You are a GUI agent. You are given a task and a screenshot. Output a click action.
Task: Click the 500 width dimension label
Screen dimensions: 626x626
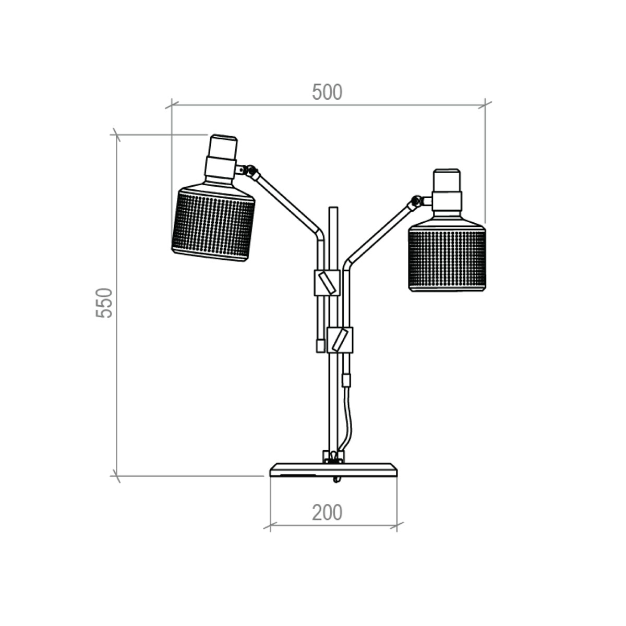tap(327, 92)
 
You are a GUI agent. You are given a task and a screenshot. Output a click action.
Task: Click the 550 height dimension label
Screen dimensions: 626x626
tap(104, 303)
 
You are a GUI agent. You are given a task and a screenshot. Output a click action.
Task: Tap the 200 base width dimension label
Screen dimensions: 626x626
tap(327, 513)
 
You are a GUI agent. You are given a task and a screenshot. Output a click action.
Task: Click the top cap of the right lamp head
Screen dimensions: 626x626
tap(447, 180)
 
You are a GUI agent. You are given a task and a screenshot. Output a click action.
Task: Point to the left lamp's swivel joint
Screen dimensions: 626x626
tap(251, 170)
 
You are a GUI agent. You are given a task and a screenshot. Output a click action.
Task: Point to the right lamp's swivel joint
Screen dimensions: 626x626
tap(416, 200)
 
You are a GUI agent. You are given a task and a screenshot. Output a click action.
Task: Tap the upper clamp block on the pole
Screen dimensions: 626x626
tap(327, 283)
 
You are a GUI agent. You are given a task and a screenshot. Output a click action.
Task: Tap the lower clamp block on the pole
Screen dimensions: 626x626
tap(340, 340)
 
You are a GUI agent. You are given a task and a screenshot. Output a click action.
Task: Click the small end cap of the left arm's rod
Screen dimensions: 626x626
tap(320, 345)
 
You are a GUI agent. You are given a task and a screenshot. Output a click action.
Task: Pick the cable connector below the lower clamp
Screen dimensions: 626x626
tap(346, 380)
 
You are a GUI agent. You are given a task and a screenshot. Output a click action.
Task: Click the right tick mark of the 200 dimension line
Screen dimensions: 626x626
tap(397, 525)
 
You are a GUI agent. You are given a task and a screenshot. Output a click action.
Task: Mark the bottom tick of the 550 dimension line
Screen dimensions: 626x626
tap(116, 476)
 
